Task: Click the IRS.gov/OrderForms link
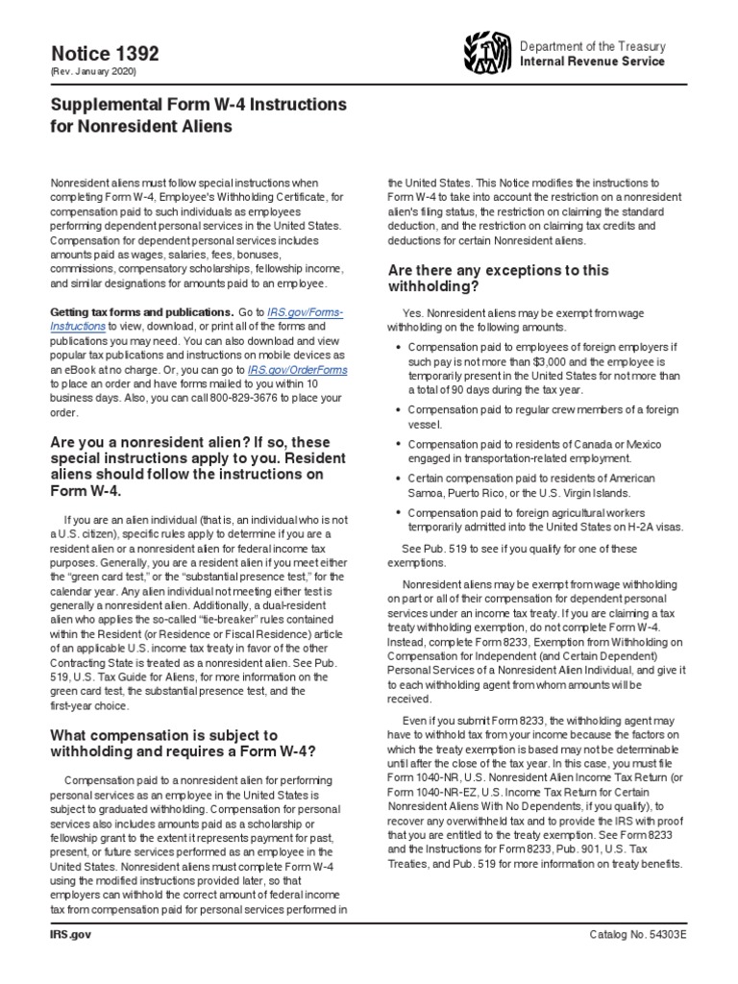point(298,369)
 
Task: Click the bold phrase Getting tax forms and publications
point(141,312)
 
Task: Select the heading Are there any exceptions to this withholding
point(497,278)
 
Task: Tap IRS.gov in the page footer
point(70,935)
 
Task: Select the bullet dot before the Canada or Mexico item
point(398,445)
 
